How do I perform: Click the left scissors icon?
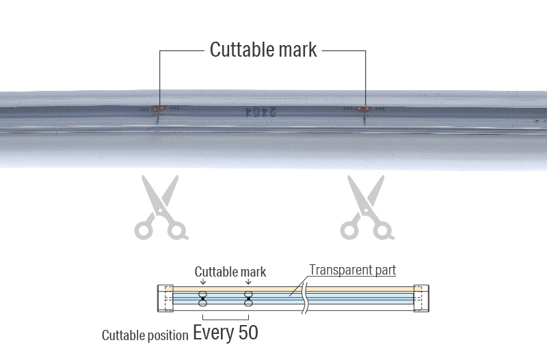(x=161, y=208)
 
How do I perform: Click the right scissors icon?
(x=368, y=208)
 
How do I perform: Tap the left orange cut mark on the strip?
(x=158, y=109)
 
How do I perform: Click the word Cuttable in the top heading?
(x=239, y=50)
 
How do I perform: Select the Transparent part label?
(x=352, y=269)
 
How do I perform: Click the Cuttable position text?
(x=145, y=335)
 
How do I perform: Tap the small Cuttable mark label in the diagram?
(x=230, y=271)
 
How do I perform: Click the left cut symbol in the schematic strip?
(x=203, y=298)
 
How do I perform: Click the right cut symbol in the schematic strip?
(x=248, y=298)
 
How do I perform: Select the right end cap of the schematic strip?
(x=421, y=298)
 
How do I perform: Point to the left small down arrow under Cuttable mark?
(x=203, y=282)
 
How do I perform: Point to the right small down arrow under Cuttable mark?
(x=248, y=282)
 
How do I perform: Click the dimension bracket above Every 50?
(x=226, y=318)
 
